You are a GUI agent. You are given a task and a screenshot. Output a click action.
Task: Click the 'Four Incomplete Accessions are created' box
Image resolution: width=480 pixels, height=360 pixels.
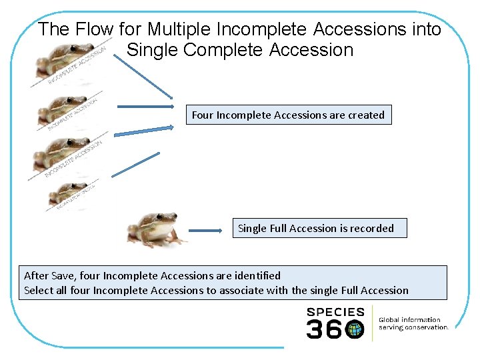coord(288,115)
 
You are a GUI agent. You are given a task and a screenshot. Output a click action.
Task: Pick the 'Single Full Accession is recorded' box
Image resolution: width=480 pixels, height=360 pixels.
coord(315,228)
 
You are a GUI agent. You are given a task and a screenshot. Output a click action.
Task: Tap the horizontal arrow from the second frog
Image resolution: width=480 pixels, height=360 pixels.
coord(145,106)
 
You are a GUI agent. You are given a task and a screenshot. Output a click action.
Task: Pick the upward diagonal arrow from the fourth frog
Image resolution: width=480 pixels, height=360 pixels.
coord(136,164)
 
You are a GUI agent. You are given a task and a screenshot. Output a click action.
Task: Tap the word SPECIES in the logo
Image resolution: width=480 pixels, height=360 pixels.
coord(335,312)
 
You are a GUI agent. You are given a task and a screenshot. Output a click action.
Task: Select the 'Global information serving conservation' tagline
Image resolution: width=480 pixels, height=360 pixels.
coord(413,323)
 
